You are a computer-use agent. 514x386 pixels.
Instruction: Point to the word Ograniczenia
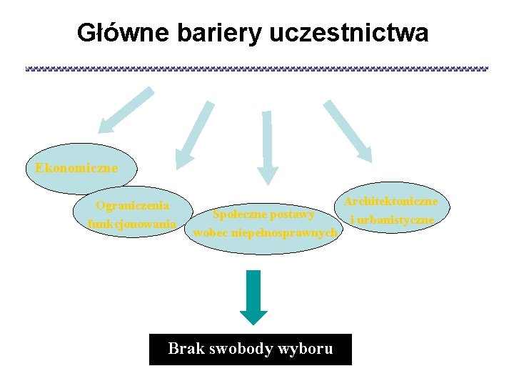click(133, 206)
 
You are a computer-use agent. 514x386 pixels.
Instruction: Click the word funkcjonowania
click(132, 224)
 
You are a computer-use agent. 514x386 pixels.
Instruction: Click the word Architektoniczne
click(390, 202)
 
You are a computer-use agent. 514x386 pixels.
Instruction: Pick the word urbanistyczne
click(396, 219)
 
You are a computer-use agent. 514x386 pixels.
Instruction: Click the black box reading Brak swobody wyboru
click(250, 350)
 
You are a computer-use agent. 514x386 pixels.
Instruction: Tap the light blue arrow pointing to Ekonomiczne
click(126, 110)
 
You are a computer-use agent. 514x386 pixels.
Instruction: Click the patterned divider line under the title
click(257, 69)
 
